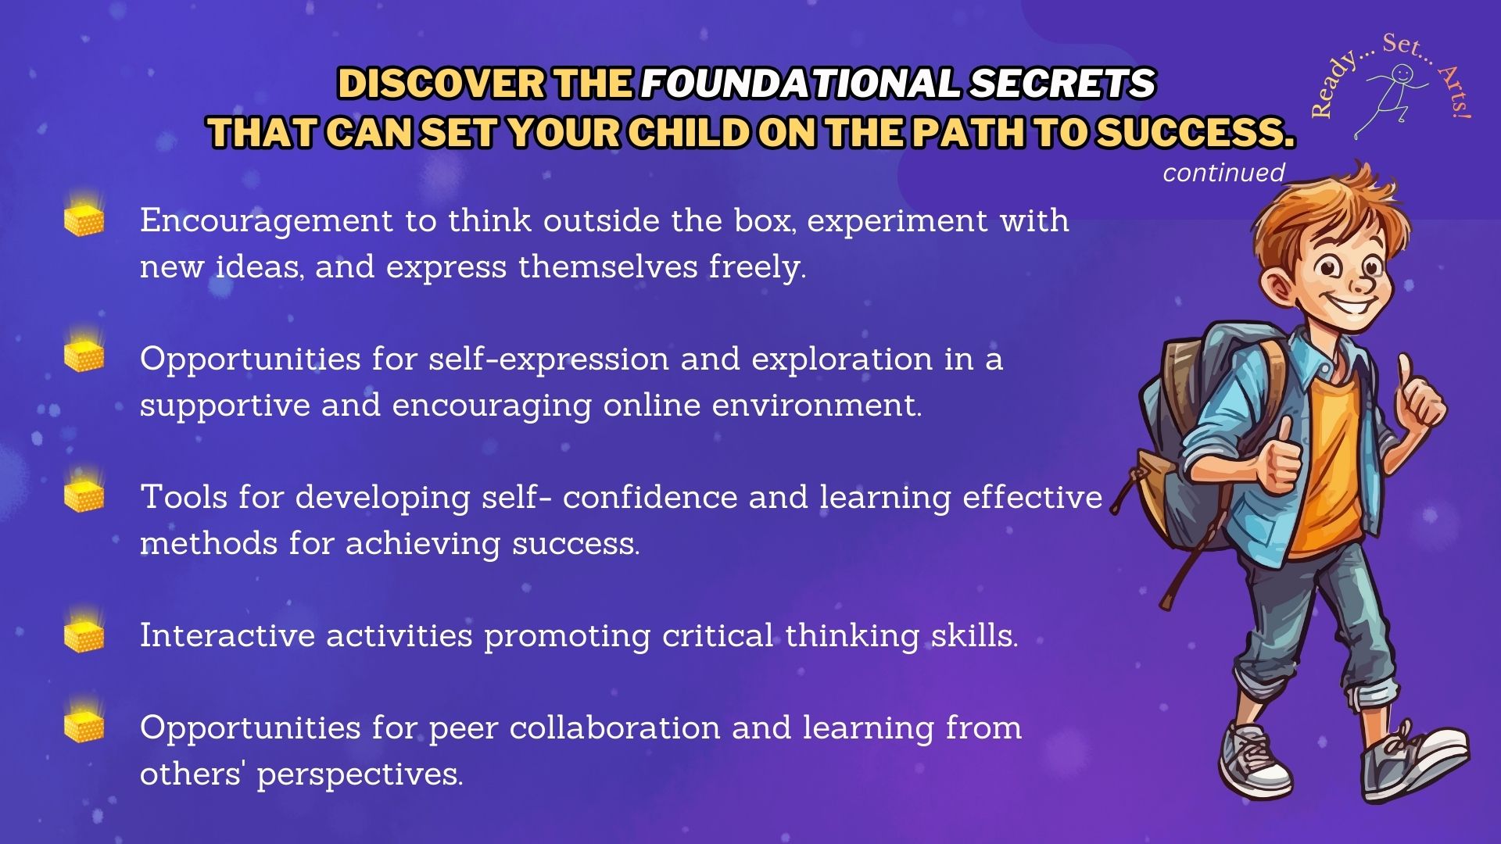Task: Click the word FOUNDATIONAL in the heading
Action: tap(800, 83)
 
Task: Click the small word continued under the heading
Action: tap(1223, 173)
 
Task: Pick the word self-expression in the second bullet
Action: tap(549, 359)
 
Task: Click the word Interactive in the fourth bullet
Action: tap(227, 635)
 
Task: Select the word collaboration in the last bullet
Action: tap(614, 728)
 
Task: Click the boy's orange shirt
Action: tap(1327, 461)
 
